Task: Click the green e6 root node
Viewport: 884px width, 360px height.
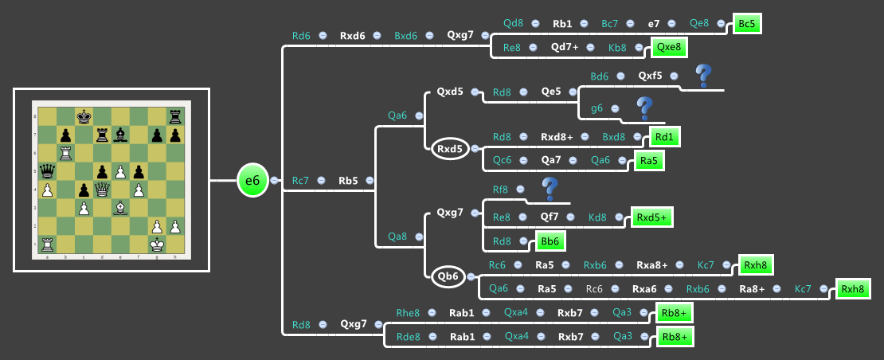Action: point(252,181)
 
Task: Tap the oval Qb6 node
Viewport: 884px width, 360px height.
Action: point(448,276)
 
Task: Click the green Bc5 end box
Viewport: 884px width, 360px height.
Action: point(746,24)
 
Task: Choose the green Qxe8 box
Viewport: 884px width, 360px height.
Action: point(668,47)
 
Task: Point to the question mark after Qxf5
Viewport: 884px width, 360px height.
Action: point(702,76)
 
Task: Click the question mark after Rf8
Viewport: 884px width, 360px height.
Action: point(549,189)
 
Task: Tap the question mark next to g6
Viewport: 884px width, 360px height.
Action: point(644,108)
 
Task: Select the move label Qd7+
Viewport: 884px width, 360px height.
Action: point(565,47)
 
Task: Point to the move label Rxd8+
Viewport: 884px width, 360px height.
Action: point(557,136)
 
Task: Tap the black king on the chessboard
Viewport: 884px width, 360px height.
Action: point(82,116)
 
